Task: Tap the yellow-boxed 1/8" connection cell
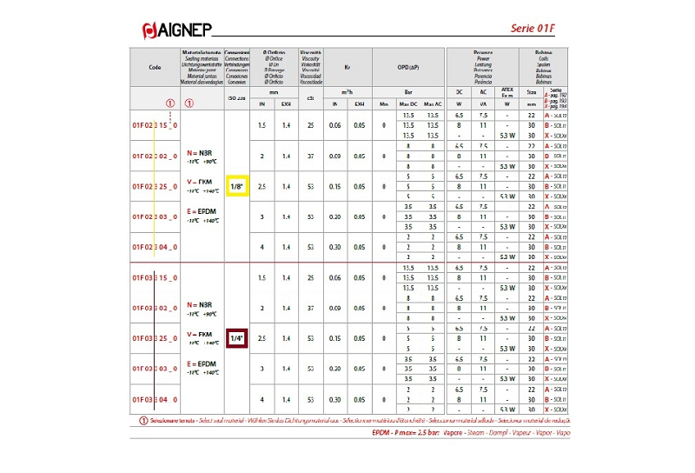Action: point(236,186)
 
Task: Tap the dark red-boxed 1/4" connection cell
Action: point(236,338)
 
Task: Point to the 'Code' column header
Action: point(155,67)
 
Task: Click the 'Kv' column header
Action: point(347,67)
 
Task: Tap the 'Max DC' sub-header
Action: point(407,104)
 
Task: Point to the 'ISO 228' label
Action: point(236,98)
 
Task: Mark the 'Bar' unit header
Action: point(408,91)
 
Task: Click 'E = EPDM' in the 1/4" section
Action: point(202,363)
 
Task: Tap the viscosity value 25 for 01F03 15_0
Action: point(310,277)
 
